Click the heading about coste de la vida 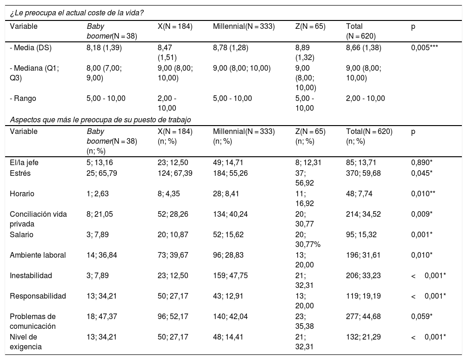pyautogui.click(x=77, y=13)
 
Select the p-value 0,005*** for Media pyautogui.click(x=424, y=47)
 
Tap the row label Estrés pyautogui.click(x=20, y=173)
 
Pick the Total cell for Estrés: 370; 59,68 pyautogui.click(x=363, y=173)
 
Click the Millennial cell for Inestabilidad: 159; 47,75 pyautogui.click(x=230, y=275)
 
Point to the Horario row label pyautogui.click(x=22, y=194)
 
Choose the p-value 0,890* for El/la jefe pyautogui.click(x=422, y=163)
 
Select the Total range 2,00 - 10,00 pyautogui.click(x=366, y=98)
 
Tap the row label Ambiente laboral pyautogui.click(x=38, y=255)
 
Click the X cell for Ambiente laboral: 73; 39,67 pyautogui.click(x=173, y=255)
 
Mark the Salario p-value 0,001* pyautogui.click(x=422, y=234)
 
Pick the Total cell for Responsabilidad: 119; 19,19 pyautogui.click(x=363, y=296)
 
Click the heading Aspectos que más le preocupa pyautogui.click(x=100, y=120)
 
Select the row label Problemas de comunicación pyautogui.click(x=33, y=321)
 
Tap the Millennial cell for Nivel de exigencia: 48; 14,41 pyautogui.click(x=228, y=337)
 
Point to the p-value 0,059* pyautogui.click(x=422, y=317)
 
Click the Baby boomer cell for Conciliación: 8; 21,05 pyautogui.click(x=100, y=214)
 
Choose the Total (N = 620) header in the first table pyautogui.click(x=360, y=31)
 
